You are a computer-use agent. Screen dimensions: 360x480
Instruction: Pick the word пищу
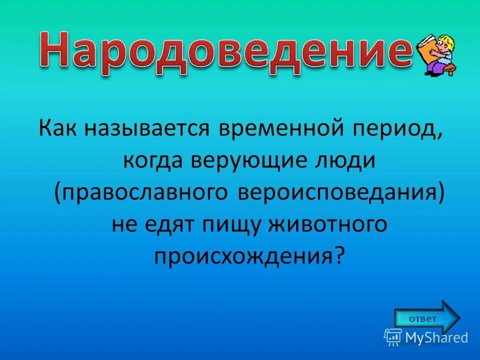click(231, 225)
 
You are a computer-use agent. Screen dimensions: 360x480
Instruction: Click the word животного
click(328, 225)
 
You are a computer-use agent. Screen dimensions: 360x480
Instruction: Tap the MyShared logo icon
click(393, 337)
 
